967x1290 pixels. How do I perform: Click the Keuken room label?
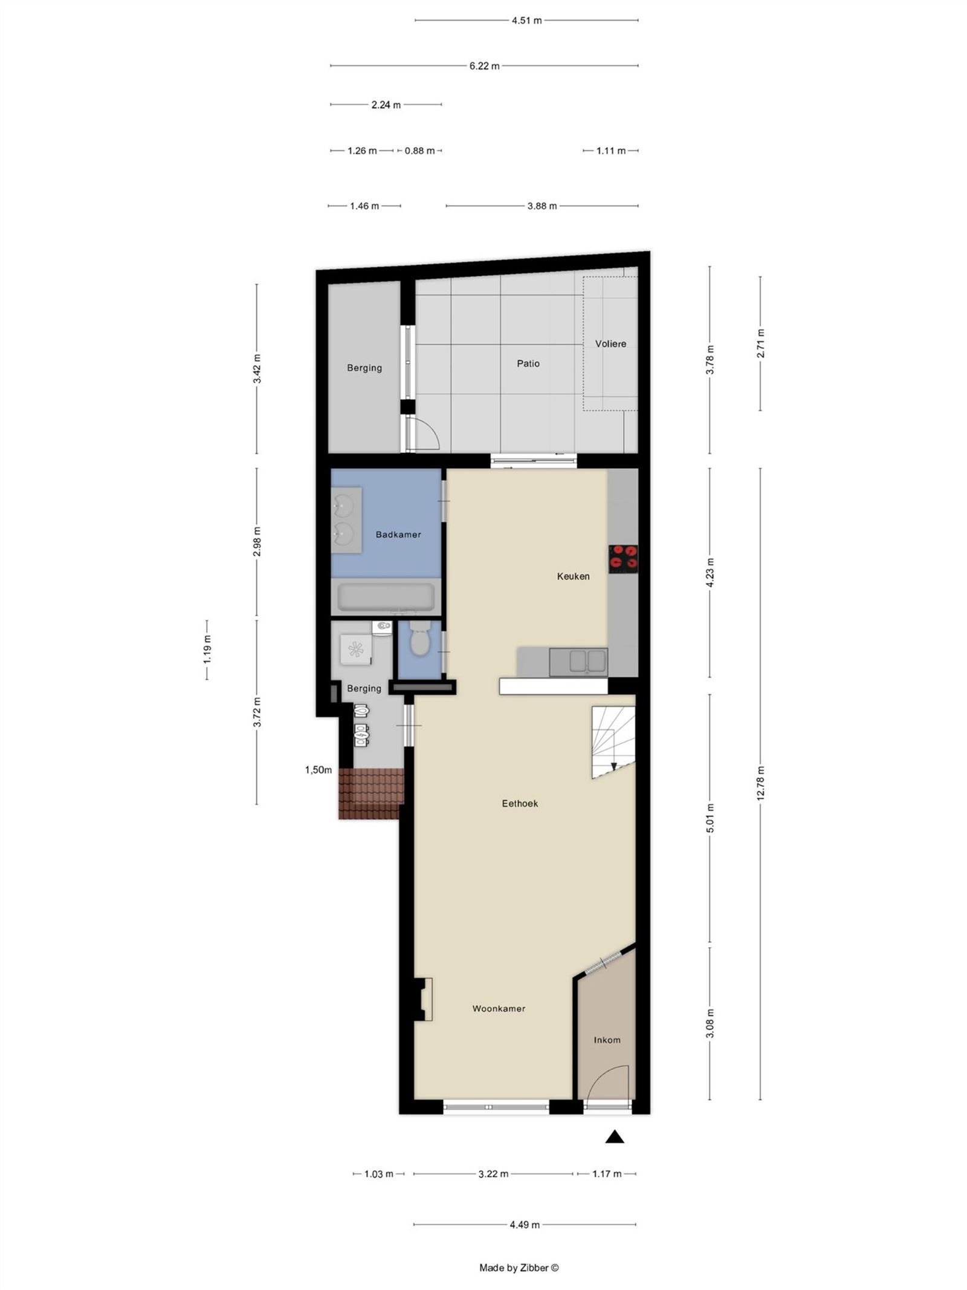click(x=572, y=576)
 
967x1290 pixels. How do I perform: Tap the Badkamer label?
click(x=398, y=535)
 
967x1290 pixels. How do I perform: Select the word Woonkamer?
click(x=498, y=1008)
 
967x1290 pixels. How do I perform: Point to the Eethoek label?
click(x=519, y=803)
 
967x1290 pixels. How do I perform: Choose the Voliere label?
click(x=610, y=344)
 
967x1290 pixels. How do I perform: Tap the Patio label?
click(x=528, y=363)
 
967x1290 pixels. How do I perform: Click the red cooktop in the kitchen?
click(x=623, y=558)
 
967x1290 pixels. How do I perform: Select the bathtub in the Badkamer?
click(x=386, y=596)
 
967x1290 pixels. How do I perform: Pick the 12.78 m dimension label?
click(x=760, y=783)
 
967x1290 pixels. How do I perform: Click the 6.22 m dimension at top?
click(x=484, y=66)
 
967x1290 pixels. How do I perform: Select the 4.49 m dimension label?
click(x=524, y=1225)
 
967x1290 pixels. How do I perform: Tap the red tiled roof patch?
click(x=370, y=793)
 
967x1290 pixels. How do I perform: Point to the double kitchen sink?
click(x=578, y=661)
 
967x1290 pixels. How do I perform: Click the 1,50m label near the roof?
click(x=318, y=770)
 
